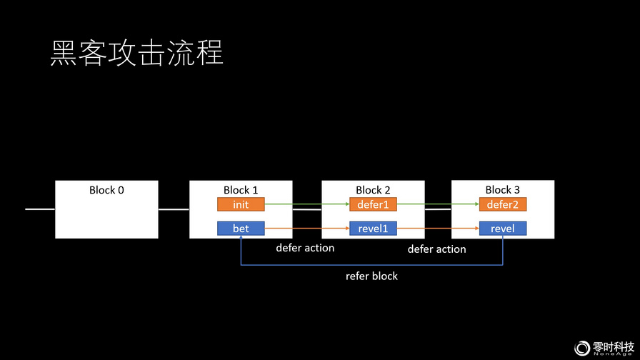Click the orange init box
coord(241,204)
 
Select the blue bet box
coord(241,228)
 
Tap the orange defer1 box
coord(373,204)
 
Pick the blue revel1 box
coord(373,228)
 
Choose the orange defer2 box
coord(503,204)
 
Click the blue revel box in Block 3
coord(503,228)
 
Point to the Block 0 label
coord(106,190)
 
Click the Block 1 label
coord(241,190)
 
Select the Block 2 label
coord(373,190)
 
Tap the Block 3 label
coord(502,190)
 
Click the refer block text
coord(371,276)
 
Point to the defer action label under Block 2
coord(305,248)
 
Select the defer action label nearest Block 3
coord(436,249)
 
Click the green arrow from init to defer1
coord(307,204)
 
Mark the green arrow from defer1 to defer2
coord(438,204)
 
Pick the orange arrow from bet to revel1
coord(307,228)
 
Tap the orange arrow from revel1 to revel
coord(438,228)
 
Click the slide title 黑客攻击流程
coord(136,53)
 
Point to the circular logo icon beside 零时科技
coord(582,348)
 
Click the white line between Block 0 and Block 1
coord(174,209)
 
